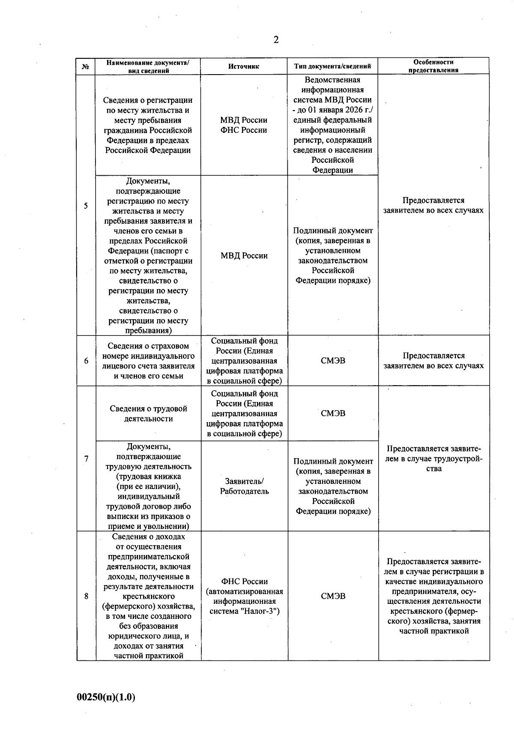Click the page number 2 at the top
(x=276, y=40)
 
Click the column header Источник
(x=244, y=66)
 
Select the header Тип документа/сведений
(x=332, y=66)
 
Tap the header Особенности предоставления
(x=433, y=66)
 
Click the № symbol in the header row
(x=86, y=67)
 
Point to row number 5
(x=86, y=205)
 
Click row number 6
(x=86, y=361)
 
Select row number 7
(x=86, y=459)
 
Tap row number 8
(x=86, y=596)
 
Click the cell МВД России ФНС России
(x=244, y=125)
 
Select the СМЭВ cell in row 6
(x=333, y=361)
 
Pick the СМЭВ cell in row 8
(x=333, y=596)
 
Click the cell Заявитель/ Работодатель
(x=244, y=486)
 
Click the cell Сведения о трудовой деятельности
(x=148, y=414)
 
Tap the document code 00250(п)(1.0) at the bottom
(x=106, y=697)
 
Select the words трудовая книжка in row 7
(x=149, y=477)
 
